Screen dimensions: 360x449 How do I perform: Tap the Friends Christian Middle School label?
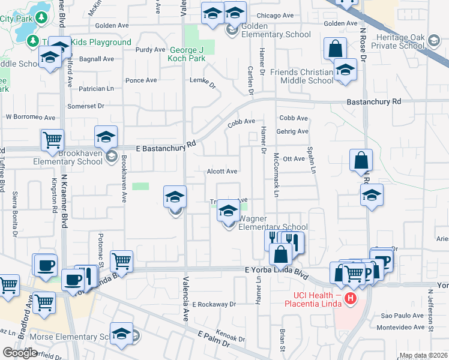[301, 76]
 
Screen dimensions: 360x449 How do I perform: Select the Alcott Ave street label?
[222, 171]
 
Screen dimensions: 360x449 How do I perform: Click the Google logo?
[20, 353]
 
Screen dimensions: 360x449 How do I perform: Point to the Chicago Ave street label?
[275, 16]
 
